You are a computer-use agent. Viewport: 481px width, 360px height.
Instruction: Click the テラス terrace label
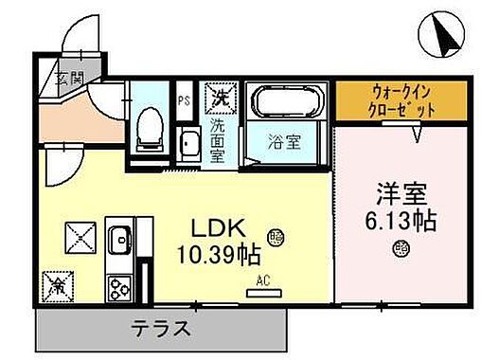[161, 330]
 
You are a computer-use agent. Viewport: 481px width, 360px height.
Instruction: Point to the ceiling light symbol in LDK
[276, 235]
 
